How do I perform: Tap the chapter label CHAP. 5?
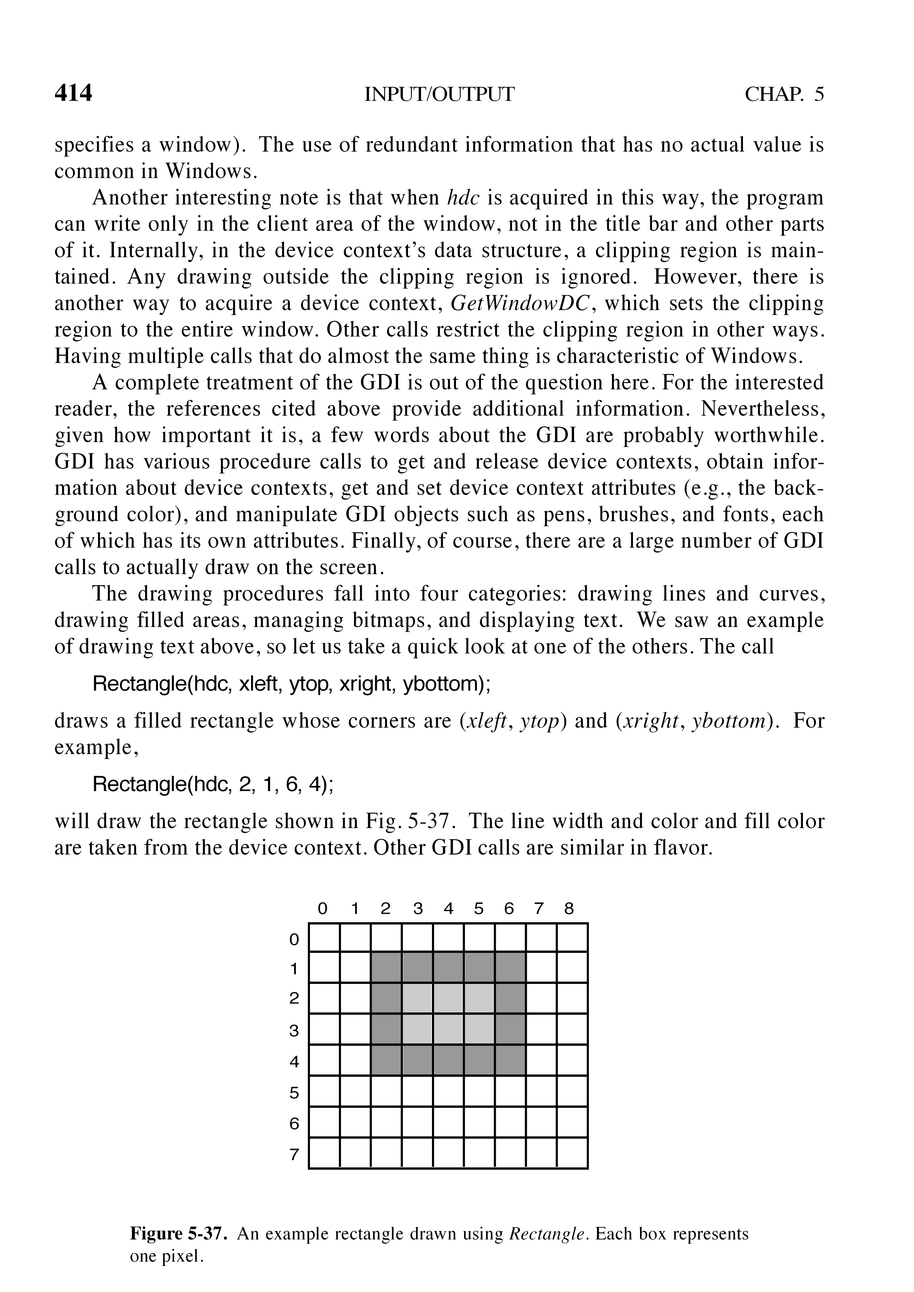pyautogui.click(x=784, y=94)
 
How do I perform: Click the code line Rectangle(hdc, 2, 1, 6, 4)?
pyautogui.click(x=213, y=784)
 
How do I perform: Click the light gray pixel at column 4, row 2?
pyautogui.click(x=448, y=998)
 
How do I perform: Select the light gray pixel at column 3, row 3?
pyautogui.click(x=417, y=1029)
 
